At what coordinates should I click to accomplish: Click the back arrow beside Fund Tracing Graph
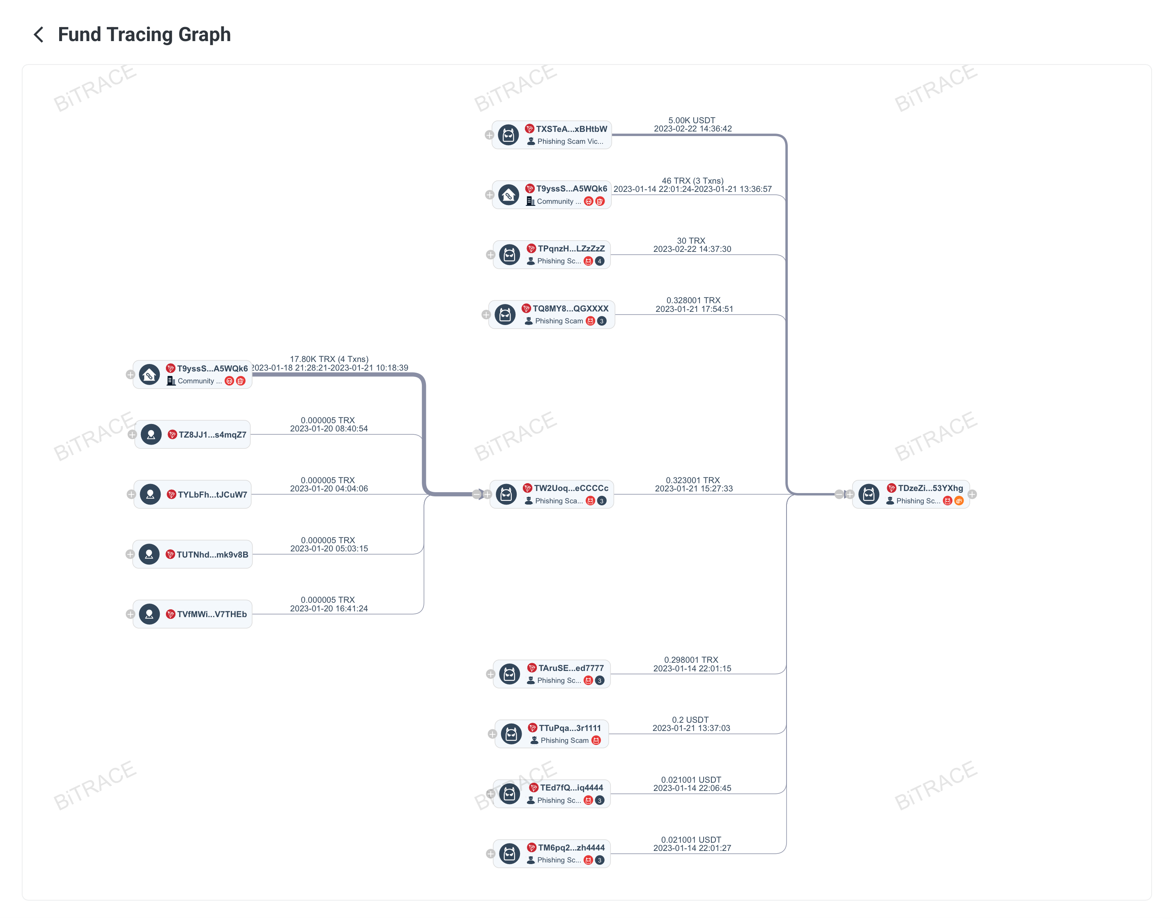[x=38, y=35]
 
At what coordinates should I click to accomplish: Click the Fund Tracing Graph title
[x=144, y=35]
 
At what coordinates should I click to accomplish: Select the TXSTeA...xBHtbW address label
[x=571, y=129]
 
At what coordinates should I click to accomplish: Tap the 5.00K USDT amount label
[x=691, y=120]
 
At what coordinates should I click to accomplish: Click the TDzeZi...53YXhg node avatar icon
[x=869, y=494]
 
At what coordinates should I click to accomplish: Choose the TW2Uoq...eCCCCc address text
[x=571, y=488]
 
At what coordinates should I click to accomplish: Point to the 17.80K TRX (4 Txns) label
[x=329, y=359]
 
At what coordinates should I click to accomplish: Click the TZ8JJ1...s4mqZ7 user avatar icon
[x=151, y=435]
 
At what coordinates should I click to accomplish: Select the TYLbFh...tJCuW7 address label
[x=212, y=494]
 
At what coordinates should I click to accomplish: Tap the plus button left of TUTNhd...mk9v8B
[x=130, y=554]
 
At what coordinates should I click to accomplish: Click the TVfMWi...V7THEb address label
[x=212, y=614]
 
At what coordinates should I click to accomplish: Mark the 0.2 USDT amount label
[x=690, y=719]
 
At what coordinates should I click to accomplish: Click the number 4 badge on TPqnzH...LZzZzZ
[x=600, y=261]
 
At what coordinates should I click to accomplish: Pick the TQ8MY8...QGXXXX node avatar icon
[x=505, y=315]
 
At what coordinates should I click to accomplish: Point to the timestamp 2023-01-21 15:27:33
[x=693, y=489]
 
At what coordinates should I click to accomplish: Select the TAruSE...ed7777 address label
[x=571, y=668]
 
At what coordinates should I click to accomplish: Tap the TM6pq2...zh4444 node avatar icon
[x=509, y=853]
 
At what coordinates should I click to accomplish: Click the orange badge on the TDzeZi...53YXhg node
[x=959, y=501]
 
